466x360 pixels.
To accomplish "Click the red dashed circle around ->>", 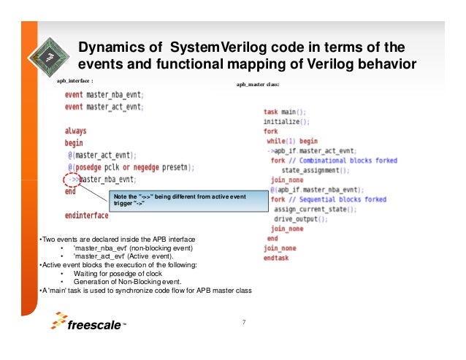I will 72,179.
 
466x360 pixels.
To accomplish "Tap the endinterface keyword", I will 86,215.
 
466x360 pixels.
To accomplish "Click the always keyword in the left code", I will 75,131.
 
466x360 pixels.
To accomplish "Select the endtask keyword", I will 277,258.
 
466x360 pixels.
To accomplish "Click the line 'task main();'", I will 284,112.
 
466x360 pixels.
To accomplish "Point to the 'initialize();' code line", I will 286,121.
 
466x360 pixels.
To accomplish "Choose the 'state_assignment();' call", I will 310,170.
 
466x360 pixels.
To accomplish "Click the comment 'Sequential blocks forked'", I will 340,199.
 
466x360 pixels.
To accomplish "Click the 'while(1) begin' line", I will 292,140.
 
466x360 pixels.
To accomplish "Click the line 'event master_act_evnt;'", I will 103,107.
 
